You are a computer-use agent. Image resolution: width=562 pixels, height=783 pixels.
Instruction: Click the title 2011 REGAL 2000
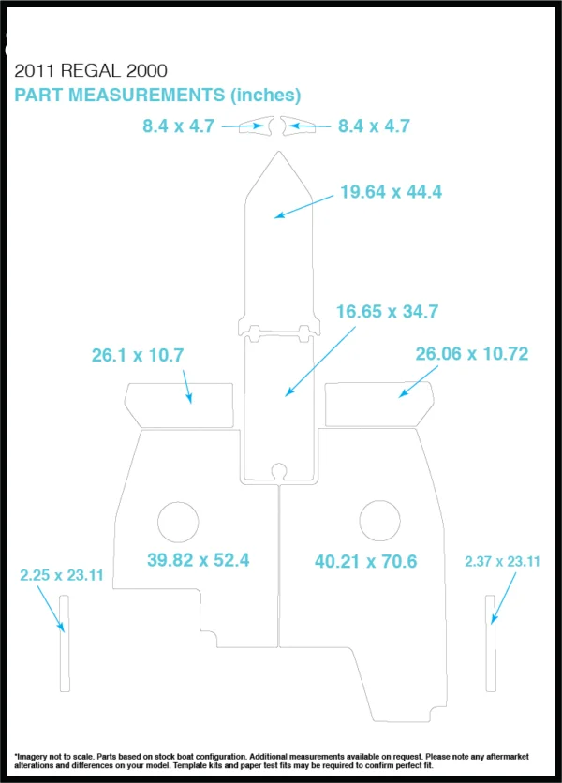pos(91,70)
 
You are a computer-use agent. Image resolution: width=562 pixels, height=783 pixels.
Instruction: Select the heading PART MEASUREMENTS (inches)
pos(157,95)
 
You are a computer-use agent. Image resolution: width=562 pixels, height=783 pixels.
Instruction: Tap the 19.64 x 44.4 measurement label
pos(392,192)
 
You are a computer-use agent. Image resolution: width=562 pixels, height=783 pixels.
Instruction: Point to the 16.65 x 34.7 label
pos(387,312)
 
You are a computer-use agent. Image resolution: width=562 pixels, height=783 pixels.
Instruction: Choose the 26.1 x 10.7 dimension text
pos(138,355)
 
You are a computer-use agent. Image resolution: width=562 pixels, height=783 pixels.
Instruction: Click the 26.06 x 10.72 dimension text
pos(472,353)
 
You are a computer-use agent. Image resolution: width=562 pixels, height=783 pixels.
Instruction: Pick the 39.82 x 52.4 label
pos(199,560)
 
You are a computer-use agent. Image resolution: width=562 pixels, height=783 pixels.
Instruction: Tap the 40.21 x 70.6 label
pos(365,561)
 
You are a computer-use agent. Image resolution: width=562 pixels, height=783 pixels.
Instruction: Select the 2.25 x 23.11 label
pos(62,575)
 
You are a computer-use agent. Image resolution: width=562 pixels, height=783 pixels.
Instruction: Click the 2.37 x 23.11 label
pos(503,561)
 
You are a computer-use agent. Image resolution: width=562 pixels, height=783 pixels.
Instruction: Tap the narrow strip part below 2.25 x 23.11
pos(65,643)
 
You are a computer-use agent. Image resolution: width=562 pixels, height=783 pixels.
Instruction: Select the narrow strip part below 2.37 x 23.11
pos(491,643)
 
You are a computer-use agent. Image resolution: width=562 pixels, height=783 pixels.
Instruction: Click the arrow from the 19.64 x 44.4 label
pos(303,207)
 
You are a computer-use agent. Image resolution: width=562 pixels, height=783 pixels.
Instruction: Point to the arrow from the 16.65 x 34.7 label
pos(319,362)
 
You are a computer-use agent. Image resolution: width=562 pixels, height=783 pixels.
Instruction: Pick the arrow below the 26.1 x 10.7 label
pos(187,387)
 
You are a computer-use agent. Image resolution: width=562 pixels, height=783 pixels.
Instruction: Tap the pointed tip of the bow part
pos(279,152)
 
